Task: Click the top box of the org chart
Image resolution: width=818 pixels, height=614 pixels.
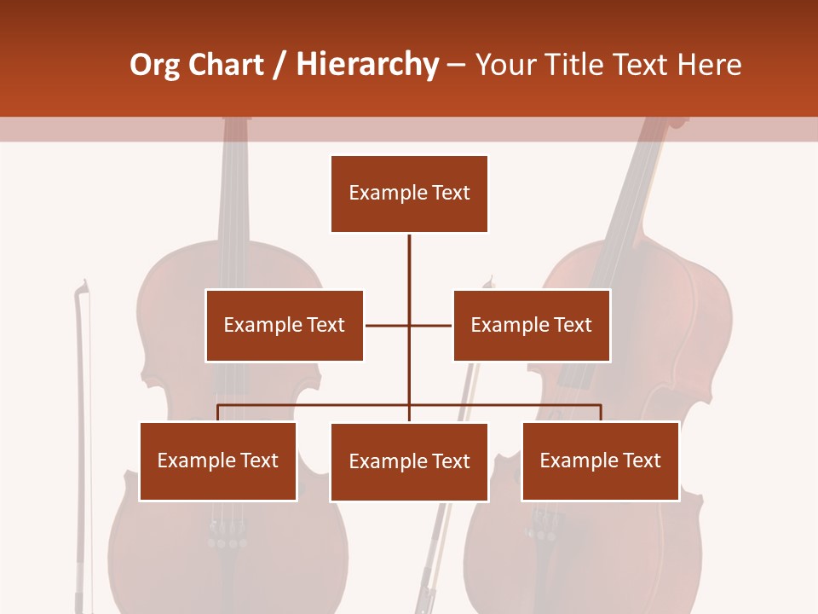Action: point(409,194)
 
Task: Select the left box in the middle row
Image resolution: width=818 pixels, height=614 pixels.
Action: point(284,325)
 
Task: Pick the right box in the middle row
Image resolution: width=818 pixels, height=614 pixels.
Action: point(531,325)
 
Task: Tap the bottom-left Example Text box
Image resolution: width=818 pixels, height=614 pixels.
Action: point(218,460)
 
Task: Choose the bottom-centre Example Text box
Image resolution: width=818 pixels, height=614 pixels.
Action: point(409,461)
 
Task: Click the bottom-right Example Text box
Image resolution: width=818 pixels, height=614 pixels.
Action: point(600,460)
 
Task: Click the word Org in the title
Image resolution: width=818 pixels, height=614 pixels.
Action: point(154,65)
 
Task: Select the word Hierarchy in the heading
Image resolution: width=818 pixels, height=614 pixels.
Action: point(367,65)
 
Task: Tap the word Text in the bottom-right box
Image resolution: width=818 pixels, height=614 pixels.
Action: point(642,460)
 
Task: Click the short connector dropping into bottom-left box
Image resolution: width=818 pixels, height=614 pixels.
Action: point(218,413)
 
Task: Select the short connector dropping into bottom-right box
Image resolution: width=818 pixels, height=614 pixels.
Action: point(600,413)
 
